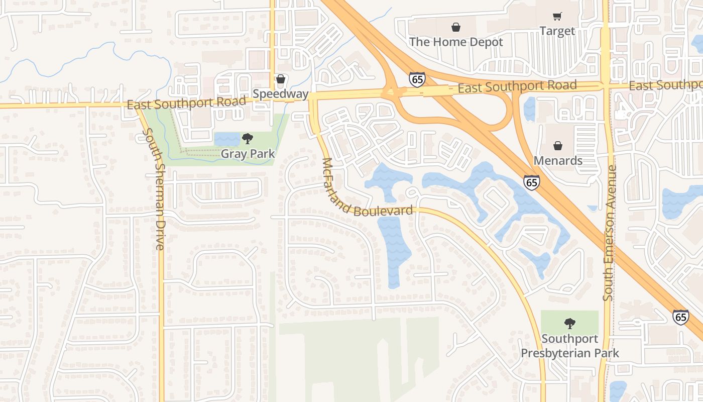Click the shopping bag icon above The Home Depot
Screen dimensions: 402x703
(x=455, y=27)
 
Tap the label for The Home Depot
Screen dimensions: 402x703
(x=455, y=42)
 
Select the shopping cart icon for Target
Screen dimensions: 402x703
(x=557, y=17)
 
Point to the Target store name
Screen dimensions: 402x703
(x=557, y=31)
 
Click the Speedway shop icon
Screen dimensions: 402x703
(x=281, y=79)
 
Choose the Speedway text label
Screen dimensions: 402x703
(x=280, y=94)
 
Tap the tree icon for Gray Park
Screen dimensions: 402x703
(x=247, y=139)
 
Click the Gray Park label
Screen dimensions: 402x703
(x=248, y=154)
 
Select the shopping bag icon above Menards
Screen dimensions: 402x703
(x=557, y=146)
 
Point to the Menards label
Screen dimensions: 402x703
(x=558, y=161)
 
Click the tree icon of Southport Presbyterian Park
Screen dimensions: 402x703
(x=569, y=323)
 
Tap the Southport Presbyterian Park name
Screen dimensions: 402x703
(x=569, y=346)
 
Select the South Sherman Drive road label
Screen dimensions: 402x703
(x=154, y=189)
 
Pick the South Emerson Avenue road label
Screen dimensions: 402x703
(x=609, y=234)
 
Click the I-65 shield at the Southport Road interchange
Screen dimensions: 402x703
(x=417, y=79)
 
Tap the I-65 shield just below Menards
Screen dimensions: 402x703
(x=532, y=182)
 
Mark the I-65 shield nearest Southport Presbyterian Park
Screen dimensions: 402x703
(x=680, y=317)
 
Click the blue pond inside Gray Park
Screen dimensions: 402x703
(x=227, y=139)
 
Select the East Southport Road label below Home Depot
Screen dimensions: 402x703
(x=517, y=87)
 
